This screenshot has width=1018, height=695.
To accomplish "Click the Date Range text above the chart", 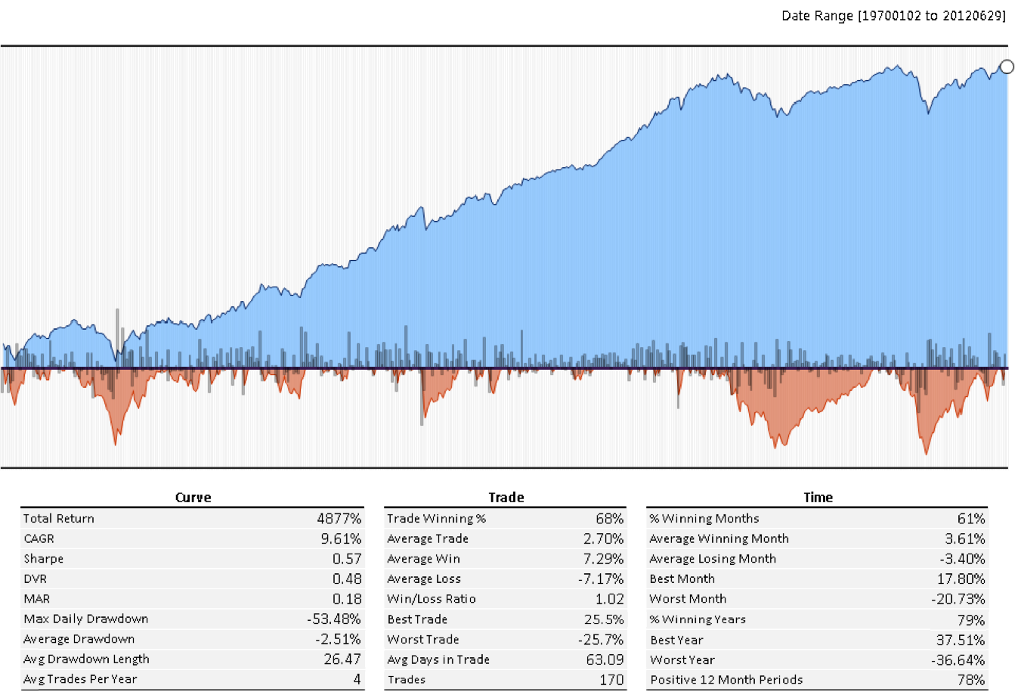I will pyautogui.click(x=893, y=16).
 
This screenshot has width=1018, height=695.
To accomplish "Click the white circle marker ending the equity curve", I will pyautogui.click(x=1007, y=67).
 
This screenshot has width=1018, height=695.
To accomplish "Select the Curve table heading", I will pyautogui.click(x=193, y=497).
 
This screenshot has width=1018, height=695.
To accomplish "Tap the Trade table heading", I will pyautogui.click(x=506, y=497).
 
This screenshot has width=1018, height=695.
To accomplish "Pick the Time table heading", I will pyautogui.click(x=818, y=497).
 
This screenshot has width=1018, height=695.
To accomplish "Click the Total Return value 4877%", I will pyautogui.click(x=339, y=518).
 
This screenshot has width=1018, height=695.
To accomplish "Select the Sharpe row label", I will pyautogui.click(x=43, y=559).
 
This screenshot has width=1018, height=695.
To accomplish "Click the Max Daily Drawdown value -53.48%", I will pyautogui.click(x=333, y=619).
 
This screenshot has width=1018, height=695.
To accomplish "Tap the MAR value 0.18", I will pyautogui.click(x=347, y=599).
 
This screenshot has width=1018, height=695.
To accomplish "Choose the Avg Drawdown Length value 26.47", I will pyautogui.click(x=342, y=659).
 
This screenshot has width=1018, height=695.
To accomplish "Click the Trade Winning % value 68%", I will pyautogui.click(x=609, y=518).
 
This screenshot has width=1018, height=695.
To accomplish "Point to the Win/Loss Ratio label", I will pyautogui.click(x=431, y=599).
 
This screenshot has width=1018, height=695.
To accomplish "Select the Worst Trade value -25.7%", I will pyautogui.click(x=601, y=639).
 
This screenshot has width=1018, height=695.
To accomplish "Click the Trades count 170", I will pyautogui.click(x=611, y=679).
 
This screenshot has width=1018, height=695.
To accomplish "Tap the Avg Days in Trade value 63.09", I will pyautogui.click(x=605, y=659).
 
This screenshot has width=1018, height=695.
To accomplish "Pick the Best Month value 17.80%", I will pyautogui.click(x=961, y=579).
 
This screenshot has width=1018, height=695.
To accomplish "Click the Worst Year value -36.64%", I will pyautogui.click(x=958, y=659).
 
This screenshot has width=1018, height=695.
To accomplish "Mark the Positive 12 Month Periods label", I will pyautogui.click(x=726, y=679).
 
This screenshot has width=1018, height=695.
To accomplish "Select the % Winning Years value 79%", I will pyautogui.click(x=970, y=619).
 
